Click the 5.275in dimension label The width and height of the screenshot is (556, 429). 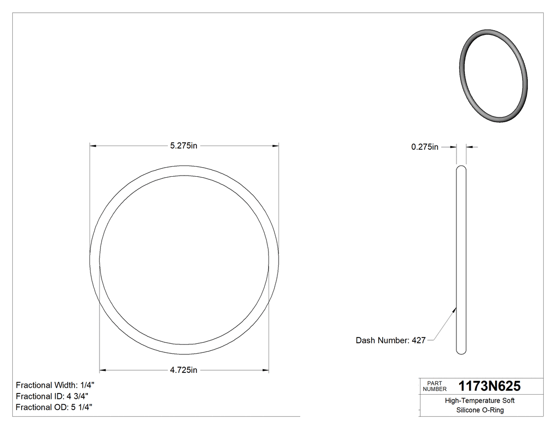point(184,146)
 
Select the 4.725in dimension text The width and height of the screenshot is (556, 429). point(184,370)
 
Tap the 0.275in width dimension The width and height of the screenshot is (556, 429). point(425,147)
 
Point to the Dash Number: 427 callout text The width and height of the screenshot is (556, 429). point(391,341)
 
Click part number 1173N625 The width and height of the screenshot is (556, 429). point(489,386)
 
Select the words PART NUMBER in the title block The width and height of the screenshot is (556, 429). point(434,386)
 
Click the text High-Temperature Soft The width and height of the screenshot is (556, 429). point(480,401)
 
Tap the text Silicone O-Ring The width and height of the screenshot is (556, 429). point(480,410)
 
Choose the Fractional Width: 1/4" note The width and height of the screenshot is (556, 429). point(56,385)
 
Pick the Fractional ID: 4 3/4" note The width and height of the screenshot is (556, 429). point(52,396)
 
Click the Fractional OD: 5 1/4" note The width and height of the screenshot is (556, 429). point(54,407)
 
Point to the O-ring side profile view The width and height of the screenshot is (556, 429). point(461,259)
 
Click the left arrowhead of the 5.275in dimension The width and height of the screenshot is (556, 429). point(93,145)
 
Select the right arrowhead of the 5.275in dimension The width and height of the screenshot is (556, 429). point(275,145)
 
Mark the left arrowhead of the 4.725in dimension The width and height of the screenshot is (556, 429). point(103,370)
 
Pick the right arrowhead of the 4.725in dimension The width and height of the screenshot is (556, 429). point(265,370)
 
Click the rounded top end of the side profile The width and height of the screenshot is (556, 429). point(461,169)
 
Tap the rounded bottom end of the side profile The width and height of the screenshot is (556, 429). point(461,351)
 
